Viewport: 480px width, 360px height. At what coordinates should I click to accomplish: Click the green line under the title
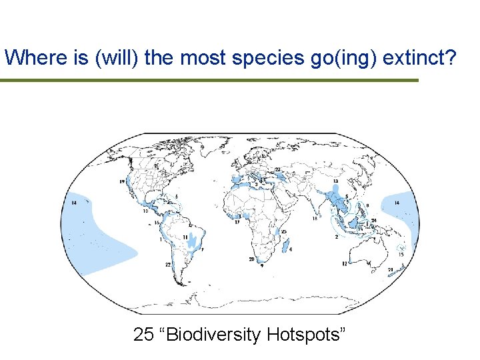tap(209, 81)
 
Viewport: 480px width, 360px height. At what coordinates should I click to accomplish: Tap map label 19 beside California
tap(122, 181)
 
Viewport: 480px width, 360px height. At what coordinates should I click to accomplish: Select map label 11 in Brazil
tap(185, 237)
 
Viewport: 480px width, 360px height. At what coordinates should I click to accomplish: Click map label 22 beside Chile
tap(169, 265)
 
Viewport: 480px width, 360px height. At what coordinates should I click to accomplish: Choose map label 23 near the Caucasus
tap(277, 170)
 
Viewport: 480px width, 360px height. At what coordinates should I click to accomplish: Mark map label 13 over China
tap(335, 181)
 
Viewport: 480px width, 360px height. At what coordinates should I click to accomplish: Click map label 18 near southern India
tap(314, 219)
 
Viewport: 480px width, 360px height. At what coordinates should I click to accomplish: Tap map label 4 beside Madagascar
tap(291, 249)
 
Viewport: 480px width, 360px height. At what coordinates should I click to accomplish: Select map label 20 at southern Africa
tap(251, 259)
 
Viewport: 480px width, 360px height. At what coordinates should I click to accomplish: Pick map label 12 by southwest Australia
tap(344, 264)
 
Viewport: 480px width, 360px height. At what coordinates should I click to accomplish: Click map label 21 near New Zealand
tap(390, 270)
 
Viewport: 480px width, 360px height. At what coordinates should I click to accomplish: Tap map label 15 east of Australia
tap(401, 254)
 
